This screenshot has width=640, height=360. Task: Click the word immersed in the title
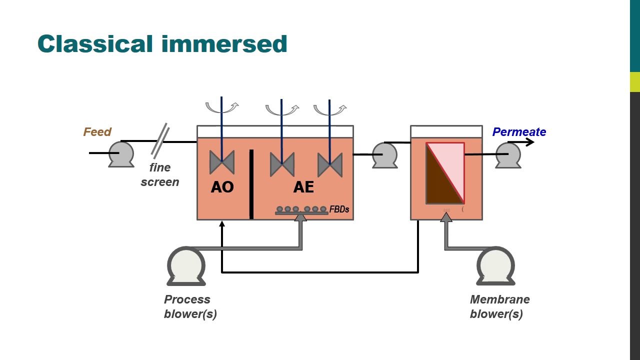click(x=224, y=44)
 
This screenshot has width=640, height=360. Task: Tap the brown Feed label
click(x=97, y=132)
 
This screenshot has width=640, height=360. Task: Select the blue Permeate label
click(x=519, y=132)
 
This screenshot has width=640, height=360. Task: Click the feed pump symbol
click(x=121, y=153)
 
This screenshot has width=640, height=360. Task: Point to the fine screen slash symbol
click(x=160, y=141)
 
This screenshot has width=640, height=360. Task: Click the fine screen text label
click(x=160, y=174)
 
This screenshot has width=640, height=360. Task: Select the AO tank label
click(x=222, y=187)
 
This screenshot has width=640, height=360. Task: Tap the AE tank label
click(x=303, y=187)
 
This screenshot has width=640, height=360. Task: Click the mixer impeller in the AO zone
click(x=221, y=163)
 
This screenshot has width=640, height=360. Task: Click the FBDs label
click(x=339, y=209)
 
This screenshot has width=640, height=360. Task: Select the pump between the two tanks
click(x=385, y=155)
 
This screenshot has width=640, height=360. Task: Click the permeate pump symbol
click(x=508, y=155)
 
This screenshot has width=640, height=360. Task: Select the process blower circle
click(x=186, y=265)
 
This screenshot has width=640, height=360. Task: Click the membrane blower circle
click(x=495, y=265)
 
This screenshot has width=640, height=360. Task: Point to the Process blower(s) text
click(x=190, y=306)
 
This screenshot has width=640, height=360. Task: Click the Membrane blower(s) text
click(x=499, y=306)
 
